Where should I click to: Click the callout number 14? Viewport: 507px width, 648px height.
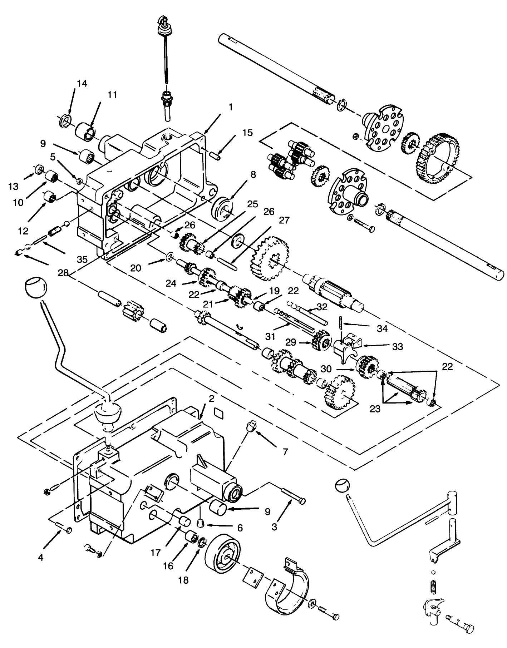[82, 83]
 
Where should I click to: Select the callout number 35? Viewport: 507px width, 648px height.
[82, 259]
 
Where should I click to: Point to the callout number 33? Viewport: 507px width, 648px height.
[397, 346]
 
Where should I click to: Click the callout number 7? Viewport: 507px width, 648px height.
[285, 452]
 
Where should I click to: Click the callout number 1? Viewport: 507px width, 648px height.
[231, 107]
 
